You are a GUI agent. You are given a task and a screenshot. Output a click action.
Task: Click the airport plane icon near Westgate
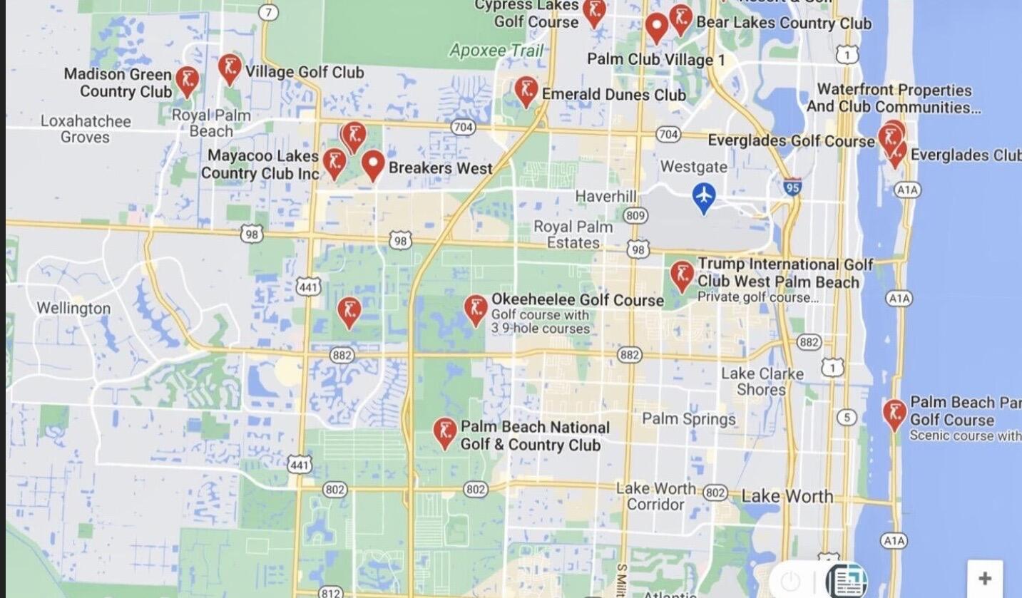704,197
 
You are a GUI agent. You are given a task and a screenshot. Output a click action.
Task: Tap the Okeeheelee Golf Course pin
476,309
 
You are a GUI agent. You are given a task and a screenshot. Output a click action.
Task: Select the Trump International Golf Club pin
682,275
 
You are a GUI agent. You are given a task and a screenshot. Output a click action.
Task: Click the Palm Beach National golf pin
445,432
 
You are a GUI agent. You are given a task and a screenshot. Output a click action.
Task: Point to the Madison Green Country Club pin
187,81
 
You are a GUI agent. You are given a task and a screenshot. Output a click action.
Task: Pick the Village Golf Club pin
229,69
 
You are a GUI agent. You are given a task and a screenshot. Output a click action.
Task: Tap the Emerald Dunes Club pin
526,91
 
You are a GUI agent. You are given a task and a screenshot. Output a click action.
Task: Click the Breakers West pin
373,165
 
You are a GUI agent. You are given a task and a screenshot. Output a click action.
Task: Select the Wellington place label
73,309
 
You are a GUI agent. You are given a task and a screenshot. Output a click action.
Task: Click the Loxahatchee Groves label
86,129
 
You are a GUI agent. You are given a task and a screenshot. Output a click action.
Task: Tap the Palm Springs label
688,418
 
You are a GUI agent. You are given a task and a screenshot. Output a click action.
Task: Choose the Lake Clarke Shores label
762,381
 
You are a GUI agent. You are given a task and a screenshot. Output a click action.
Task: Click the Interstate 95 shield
792,187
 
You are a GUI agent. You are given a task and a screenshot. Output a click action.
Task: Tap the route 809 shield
635,215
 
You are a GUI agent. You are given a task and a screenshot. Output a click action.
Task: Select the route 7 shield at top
268,12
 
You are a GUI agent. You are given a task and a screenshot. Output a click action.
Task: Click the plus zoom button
984,578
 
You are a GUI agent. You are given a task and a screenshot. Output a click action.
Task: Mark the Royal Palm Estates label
573,234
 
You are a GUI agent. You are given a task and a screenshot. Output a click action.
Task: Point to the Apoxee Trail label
496,50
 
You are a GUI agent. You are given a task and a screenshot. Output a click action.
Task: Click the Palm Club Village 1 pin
656,27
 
